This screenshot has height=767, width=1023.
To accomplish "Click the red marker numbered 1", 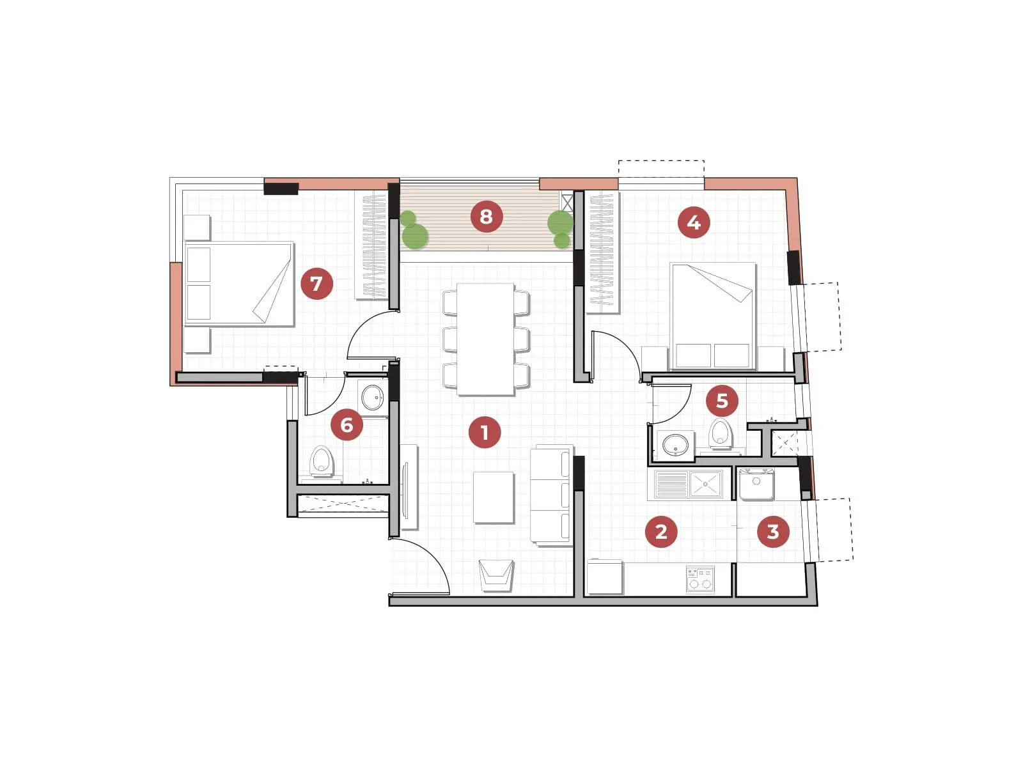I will click(484, 432).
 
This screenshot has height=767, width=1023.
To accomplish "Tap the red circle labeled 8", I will click(486, 217).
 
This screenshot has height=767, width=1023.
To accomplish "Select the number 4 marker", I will click(694, 222).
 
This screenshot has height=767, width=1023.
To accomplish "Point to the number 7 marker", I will click(316, 283).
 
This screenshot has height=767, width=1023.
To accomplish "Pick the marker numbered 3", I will click(773, 531).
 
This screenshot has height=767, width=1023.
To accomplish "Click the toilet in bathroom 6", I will click(322, 461).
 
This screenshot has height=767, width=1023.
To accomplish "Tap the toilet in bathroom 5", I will click(721, 433).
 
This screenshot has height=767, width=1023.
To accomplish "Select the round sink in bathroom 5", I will click(676, 444).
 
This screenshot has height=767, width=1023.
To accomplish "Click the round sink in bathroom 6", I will click(372, 398).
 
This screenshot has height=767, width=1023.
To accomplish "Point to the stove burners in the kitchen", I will click(700, 579).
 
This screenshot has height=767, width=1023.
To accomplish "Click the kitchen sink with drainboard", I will click(689, 484).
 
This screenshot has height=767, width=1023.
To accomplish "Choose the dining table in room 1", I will click(486, 339).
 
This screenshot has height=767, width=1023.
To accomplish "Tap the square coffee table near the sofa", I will click(494, 497).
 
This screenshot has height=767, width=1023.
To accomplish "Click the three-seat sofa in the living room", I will click(551, 495).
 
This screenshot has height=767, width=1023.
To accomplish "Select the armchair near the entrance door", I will click(496, 574).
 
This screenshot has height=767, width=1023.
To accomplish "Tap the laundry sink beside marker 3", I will click(756, 484).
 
